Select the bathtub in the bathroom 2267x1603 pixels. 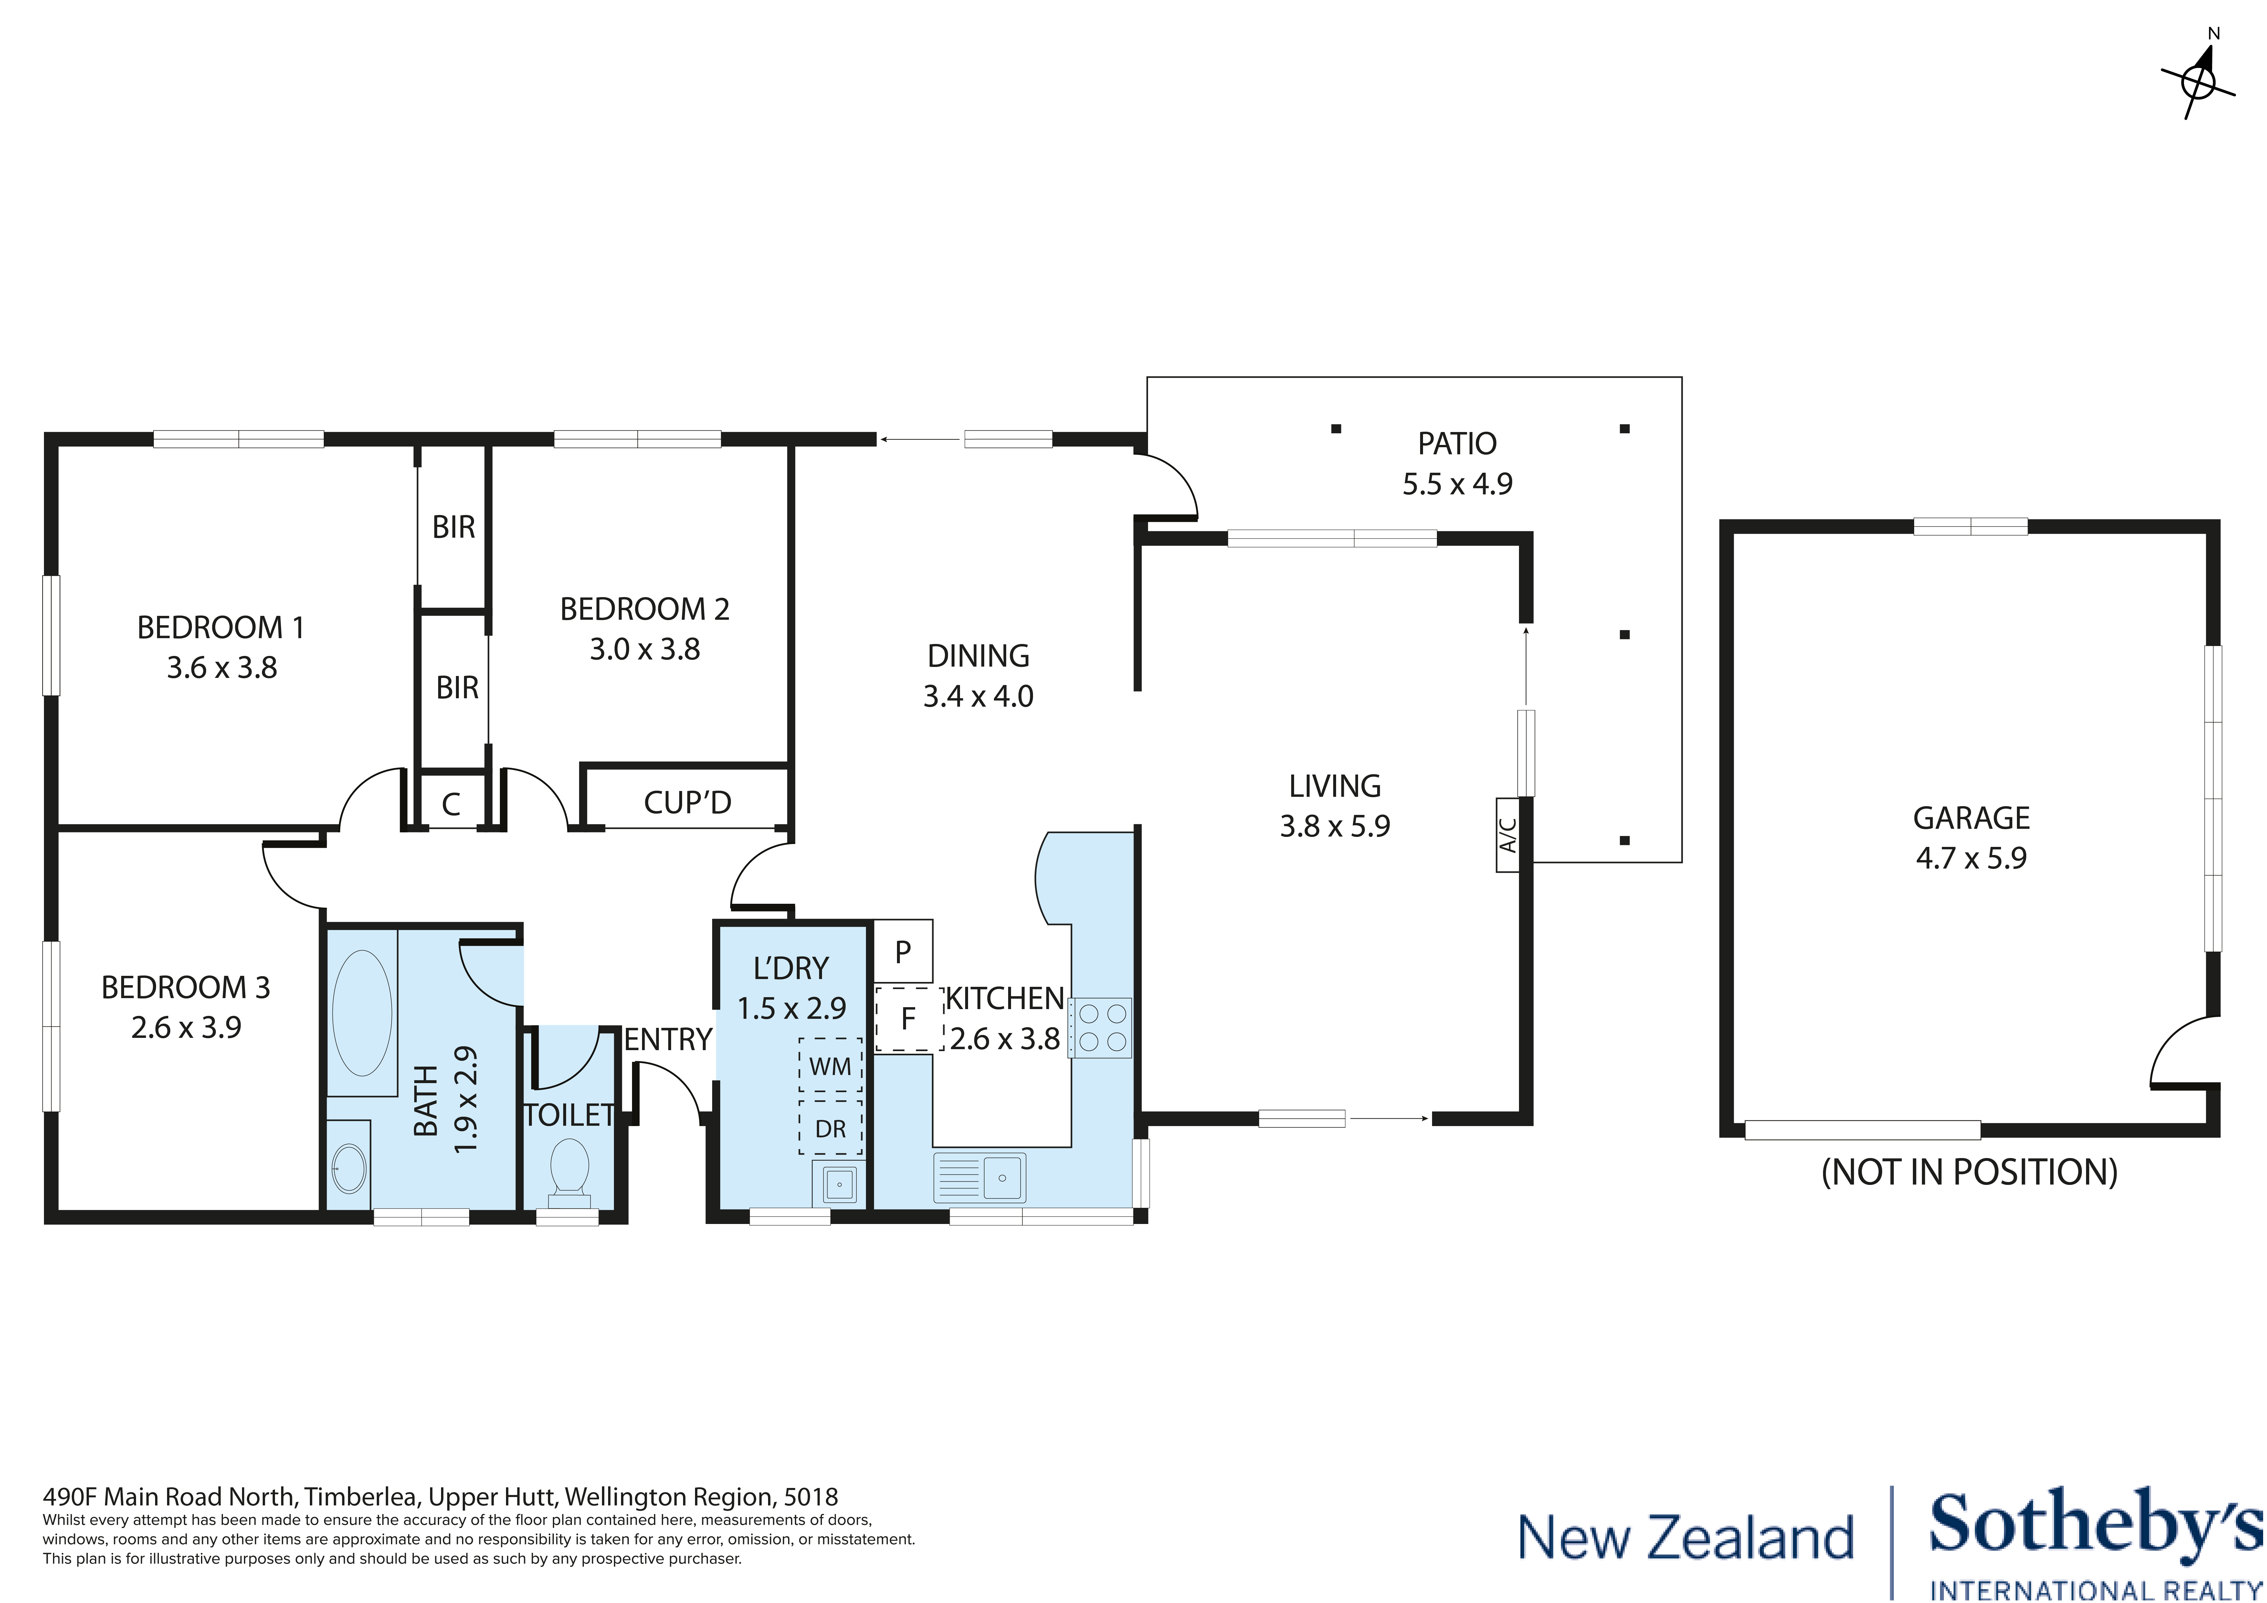click(362, 1012)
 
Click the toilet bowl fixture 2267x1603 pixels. click(569, 1170)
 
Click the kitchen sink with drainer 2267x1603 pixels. click(979, 1177)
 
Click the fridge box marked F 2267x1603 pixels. click(907, 1018)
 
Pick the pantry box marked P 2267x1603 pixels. click(902, 951)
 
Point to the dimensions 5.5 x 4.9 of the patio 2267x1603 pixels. click(1457, 484)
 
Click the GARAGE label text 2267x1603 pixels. click(1971, 818)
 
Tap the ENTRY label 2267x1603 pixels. click(668, 1039)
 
